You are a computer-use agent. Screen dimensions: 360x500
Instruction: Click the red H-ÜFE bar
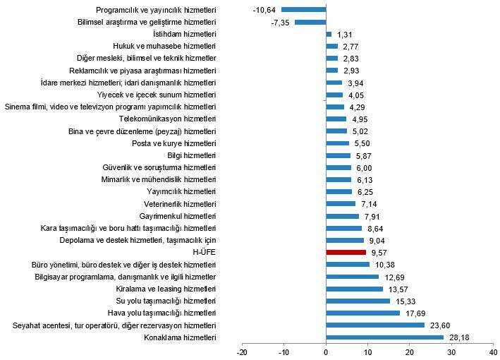click(346, 252)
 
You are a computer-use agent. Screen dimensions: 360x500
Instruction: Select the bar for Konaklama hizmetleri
click(384, 337)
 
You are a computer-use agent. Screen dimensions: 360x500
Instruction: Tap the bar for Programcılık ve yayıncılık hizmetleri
click(304, 10)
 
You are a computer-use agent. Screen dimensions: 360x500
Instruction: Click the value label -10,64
click(263, 10)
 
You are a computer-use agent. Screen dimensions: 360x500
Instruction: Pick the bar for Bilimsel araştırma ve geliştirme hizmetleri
click(311, 22)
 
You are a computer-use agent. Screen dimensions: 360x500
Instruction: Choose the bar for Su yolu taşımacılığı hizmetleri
click(358, 301)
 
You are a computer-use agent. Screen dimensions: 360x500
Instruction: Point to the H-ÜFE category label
click(205, 252)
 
